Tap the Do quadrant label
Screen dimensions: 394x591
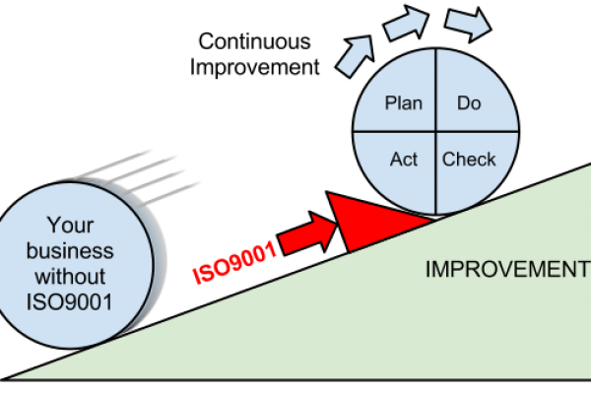point(469,103)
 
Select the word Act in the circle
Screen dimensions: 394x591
point(404,160)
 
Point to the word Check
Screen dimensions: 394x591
point(469,160)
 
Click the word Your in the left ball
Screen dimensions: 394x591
point(72,225)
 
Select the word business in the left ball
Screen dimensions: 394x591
point(72,250)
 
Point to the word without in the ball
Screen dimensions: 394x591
point(71,276)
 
